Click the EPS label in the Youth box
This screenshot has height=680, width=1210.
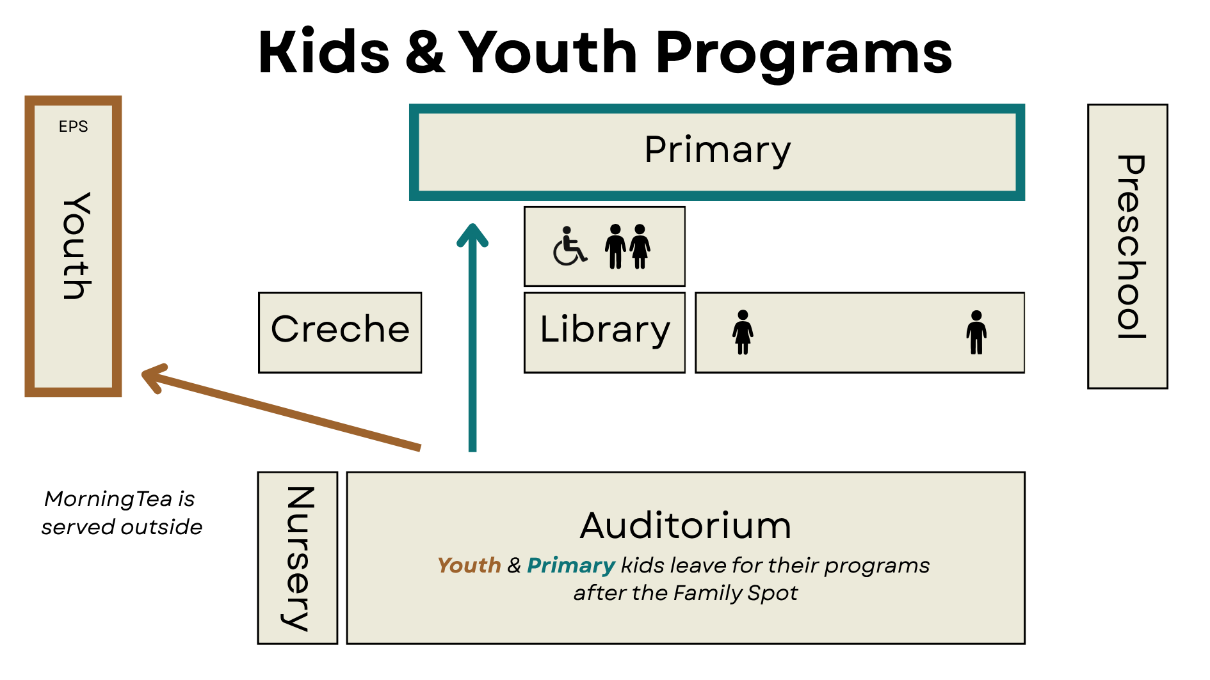tap(73, 127)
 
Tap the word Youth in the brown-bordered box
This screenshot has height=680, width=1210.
tap(76, 246)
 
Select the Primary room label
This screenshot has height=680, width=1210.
tap(717, 151)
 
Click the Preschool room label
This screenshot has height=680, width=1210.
tap(1129, 246)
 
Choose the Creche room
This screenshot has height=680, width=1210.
tap(340, 330)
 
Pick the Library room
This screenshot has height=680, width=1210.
tap(604, 330)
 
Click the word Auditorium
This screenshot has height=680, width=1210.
tap(685, 526)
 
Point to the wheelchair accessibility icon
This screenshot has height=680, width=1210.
tap(569, 246)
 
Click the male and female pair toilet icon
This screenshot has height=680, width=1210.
tap(627, 246)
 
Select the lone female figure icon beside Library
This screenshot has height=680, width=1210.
tap(743, 332)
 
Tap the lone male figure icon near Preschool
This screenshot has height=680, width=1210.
tap(976, 332)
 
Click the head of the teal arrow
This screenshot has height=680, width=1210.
tap(472, 233)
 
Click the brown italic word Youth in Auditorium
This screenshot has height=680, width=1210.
tap(469, 565)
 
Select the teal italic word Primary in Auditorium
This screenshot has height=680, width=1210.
tap(570, 565)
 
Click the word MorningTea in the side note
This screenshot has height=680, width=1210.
tap(108, 499)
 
